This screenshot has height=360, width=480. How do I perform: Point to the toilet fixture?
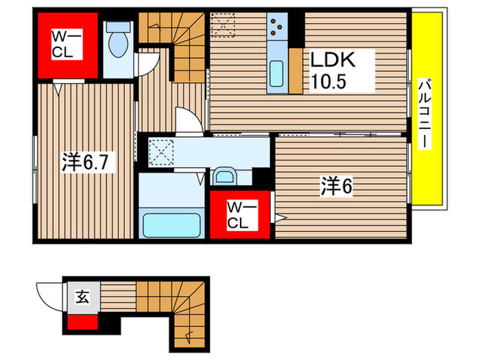point(119,41)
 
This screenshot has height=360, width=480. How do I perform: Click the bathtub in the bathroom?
point(171,224)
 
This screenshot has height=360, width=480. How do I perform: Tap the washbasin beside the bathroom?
point(224,178)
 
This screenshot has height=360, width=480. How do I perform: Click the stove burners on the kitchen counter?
point(277,27)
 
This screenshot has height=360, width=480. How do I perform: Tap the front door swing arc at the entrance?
point(49,296)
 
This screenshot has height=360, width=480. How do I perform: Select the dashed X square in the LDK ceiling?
point(223,24)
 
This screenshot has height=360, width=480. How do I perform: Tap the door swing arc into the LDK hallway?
point(189,119)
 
